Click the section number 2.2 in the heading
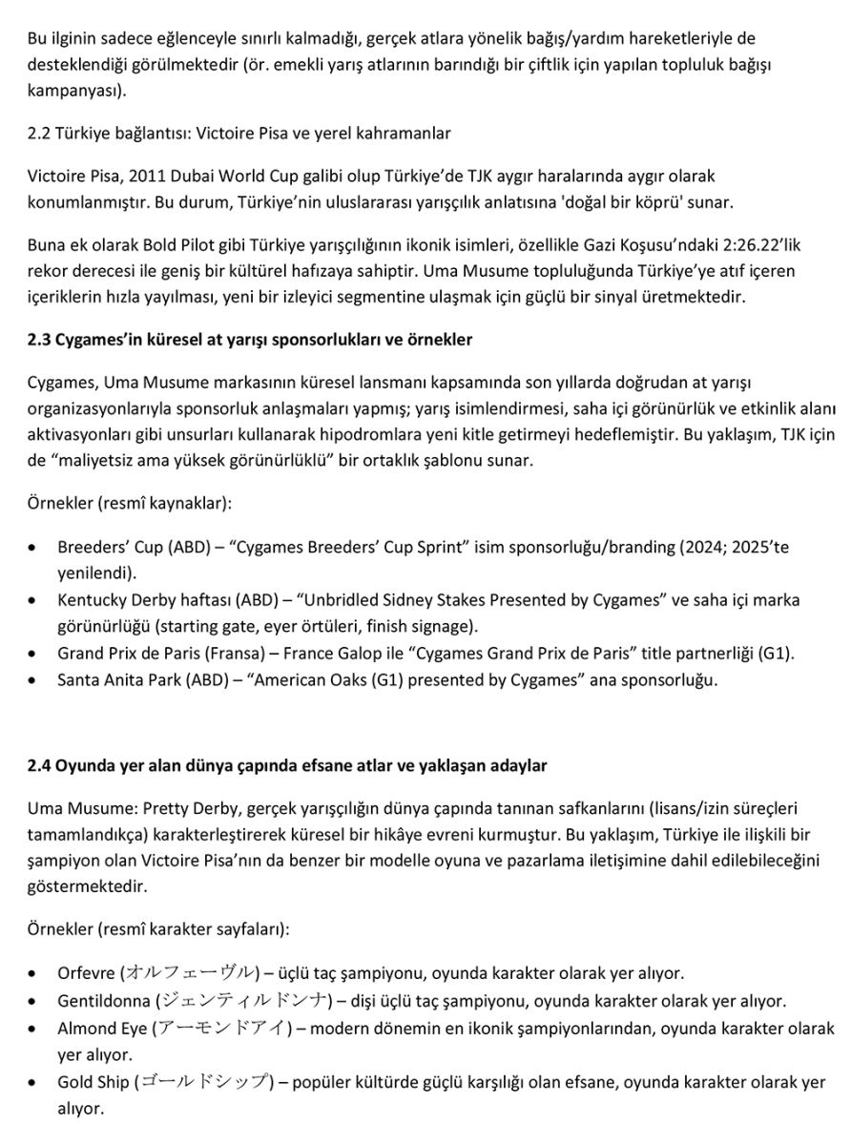(x=40, y=134)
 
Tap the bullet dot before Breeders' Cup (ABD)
(x=34, y=550)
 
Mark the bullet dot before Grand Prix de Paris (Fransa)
(x=34, y=655)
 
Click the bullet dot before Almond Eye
(x=34, y=1030)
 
